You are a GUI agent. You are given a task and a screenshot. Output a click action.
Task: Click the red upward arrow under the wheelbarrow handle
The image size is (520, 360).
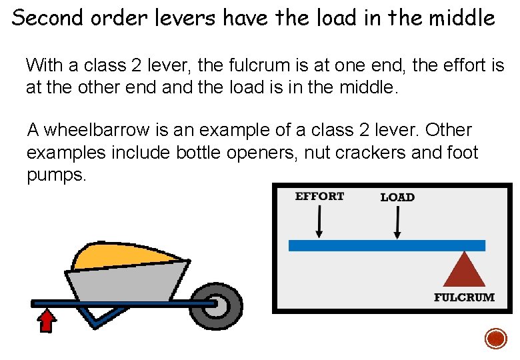pyautogui.click(x=46, y=321)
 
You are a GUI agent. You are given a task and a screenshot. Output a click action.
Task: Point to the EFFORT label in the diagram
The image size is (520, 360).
pyautogui.click(x=319, y=196)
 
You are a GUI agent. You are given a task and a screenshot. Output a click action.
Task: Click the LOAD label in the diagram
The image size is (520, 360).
pyautogui.click(x=397, y=197)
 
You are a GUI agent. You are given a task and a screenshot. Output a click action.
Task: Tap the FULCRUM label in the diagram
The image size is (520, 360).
pyautogui.click(x=464, y=297)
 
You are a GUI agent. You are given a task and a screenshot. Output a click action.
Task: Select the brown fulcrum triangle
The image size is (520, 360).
pyautogui.click(x=464, y=271)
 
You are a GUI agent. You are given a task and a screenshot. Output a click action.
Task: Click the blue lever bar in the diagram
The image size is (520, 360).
pyautogui.click(x=387, y=245)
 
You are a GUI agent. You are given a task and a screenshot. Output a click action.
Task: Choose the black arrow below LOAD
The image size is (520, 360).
pyautogui.click(x=398, y=222)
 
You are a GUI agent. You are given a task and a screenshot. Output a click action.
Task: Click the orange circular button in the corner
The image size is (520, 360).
pyautogui.click(x=496, y=338)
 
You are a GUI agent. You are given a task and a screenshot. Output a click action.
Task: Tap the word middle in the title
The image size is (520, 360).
pyautogui.click(x=467, y=18)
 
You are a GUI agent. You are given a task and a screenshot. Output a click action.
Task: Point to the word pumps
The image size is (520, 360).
pyautogui.click(x=56, y=177)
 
